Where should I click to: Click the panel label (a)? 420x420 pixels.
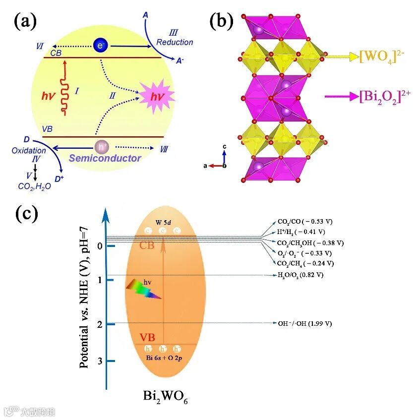click(24, 23)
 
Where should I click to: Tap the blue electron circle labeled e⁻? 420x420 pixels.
click(100, 46)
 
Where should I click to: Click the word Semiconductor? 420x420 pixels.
click(105, 158)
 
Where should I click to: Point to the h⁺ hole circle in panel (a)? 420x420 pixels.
click(101, 147)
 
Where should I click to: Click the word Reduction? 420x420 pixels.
click(175, 42)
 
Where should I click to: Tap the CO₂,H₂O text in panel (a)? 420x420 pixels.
click(32, 186)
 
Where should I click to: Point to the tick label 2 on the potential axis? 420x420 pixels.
click(99, 324)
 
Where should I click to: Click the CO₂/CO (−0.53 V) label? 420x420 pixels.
click(304, 222)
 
